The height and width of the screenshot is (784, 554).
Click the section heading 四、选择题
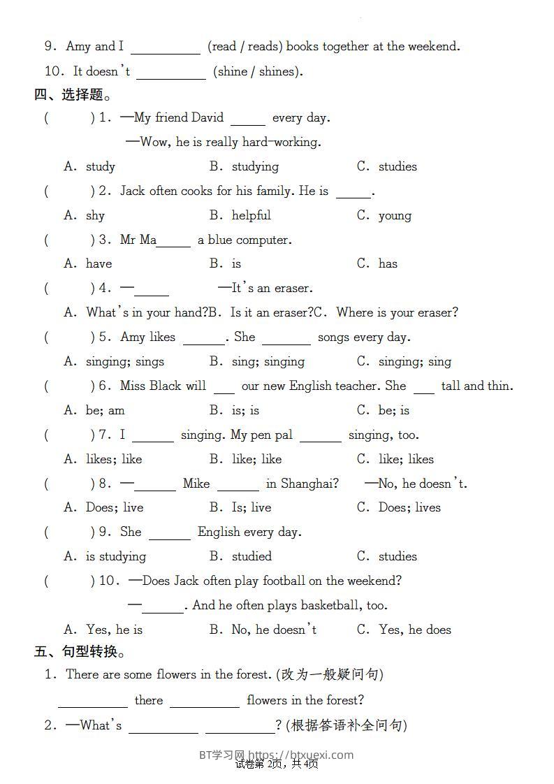73,94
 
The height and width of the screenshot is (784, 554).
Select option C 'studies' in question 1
397,166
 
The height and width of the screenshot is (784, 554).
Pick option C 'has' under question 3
388,263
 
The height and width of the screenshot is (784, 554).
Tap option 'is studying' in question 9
115,556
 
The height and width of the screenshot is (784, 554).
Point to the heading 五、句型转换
80,652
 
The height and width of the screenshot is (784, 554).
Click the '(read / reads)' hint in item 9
245,47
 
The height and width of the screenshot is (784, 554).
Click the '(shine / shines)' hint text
258,71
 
